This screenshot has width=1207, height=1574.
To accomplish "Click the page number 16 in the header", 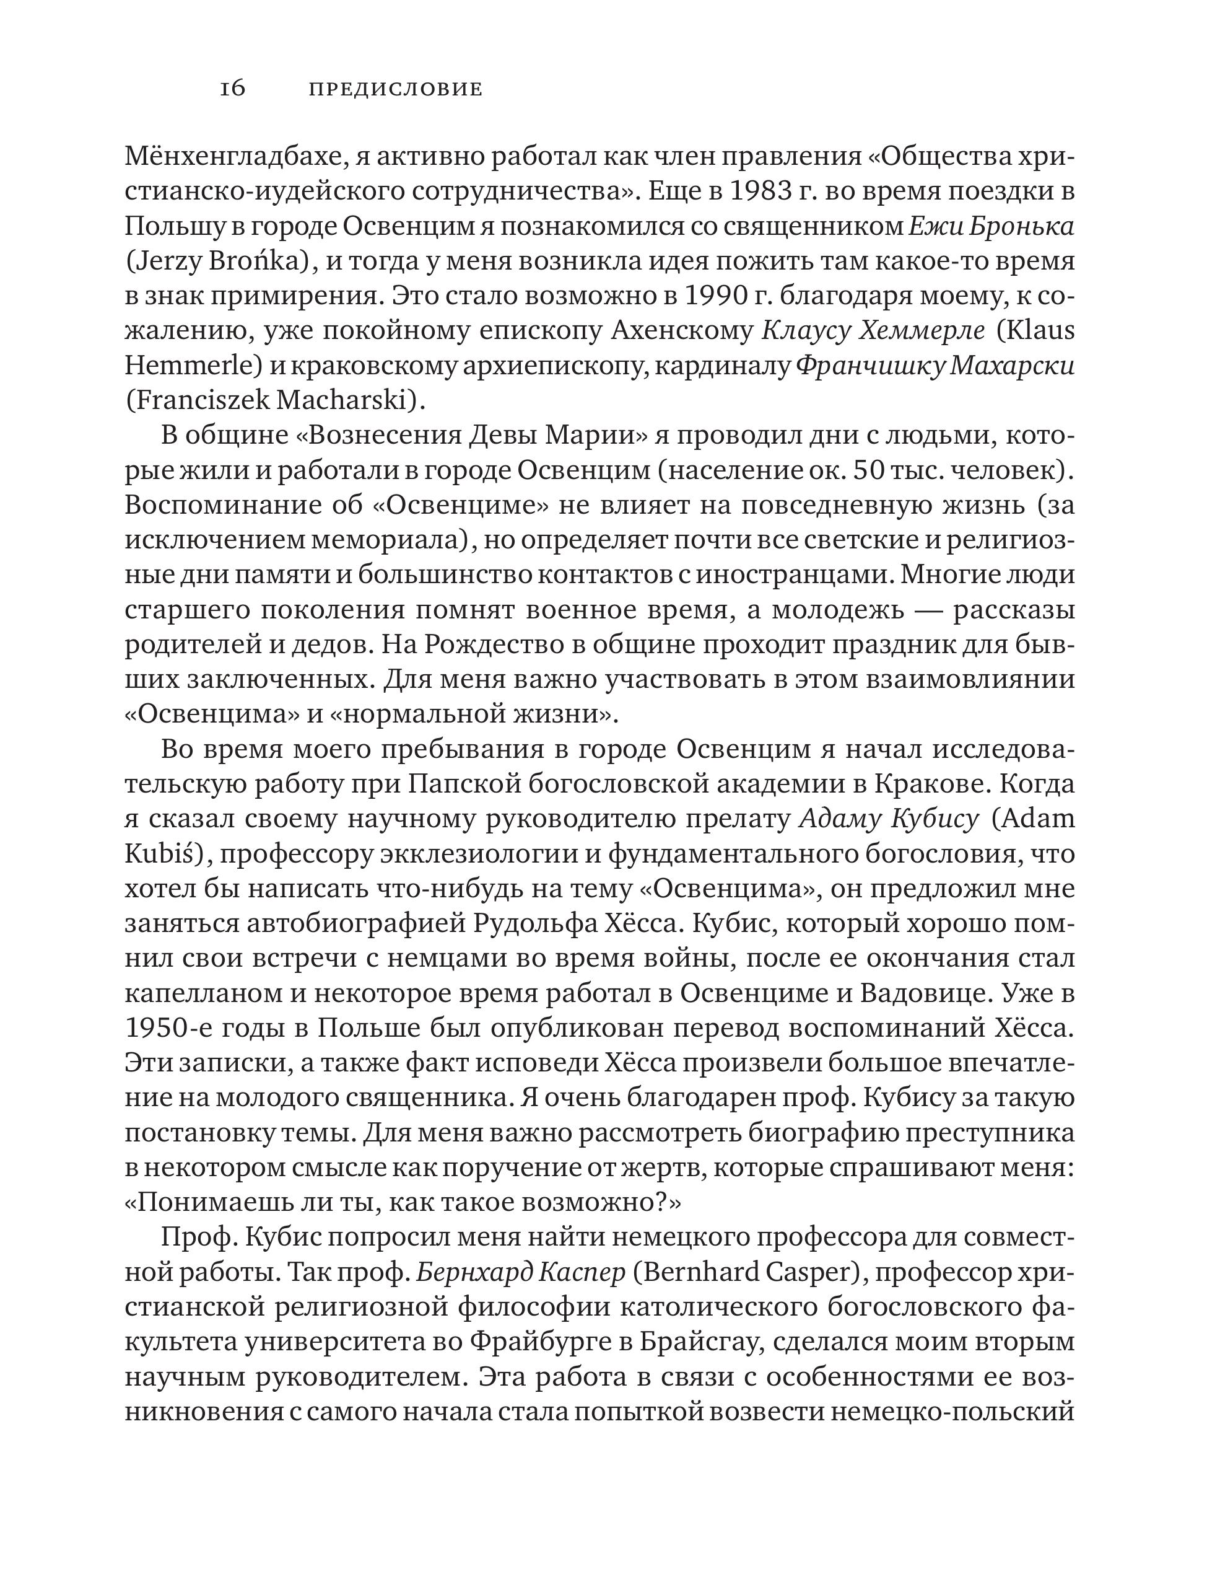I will pos(233,89).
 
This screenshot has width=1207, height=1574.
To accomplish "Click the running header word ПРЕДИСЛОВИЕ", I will pos(395,90).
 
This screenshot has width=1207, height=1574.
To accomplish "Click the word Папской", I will pos(457,784).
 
